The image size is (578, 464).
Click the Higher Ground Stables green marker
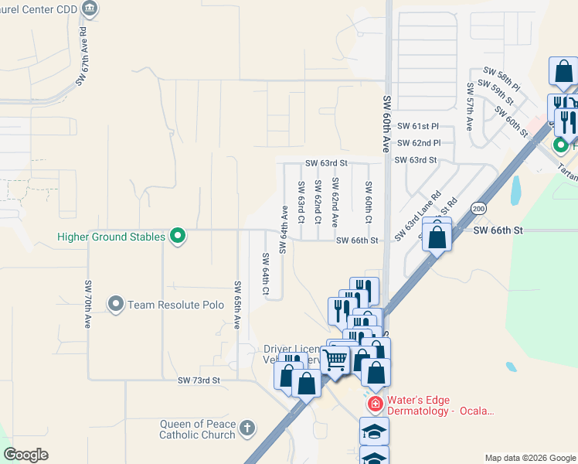(178, 236)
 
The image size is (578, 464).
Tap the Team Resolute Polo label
(169, 305)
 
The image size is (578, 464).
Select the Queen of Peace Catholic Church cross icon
(247, 428)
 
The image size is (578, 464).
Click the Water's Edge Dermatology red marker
(375, 404)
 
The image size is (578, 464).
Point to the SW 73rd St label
(199, 380)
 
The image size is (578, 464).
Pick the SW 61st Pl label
(418, 126)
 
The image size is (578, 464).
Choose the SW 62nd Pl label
(419, 143)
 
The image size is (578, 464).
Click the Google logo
(25, 455)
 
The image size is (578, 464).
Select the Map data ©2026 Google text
(529, 458)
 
